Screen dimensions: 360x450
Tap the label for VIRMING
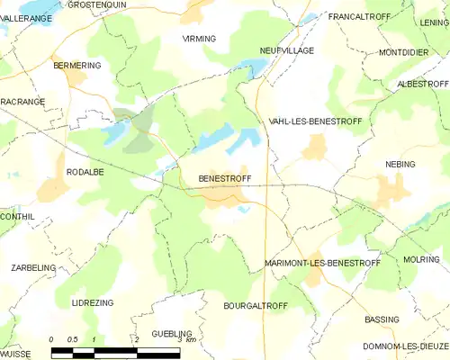[x=199, y=40]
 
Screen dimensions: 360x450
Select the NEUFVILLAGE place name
[x=286, y=50]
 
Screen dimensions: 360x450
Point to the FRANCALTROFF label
[x=357, y=17]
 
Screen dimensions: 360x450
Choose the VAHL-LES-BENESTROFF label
[x=310, y=121]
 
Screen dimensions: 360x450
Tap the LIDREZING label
[x=93, y=303]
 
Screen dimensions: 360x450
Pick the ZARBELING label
[x=33, y=267]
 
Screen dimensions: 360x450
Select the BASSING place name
[x=382, y=319]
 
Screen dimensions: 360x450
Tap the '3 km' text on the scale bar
[x=185, y=339]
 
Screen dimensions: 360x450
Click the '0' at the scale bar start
[x=52, y=339]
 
